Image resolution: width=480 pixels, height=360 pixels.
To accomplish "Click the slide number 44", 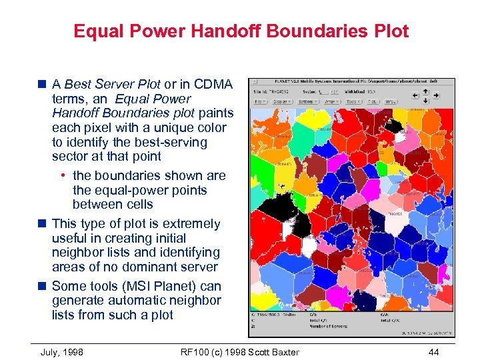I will pos(435,352).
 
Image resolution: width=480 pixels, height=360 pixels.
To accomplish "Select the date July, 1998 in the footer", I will pos(62,352).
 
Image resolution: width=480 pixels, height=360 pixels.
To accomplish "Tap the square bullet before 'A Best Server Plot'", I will pos(43,85).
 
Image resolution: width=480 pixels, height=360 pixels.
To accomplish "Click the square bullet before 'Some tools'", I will pos(43,286).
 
